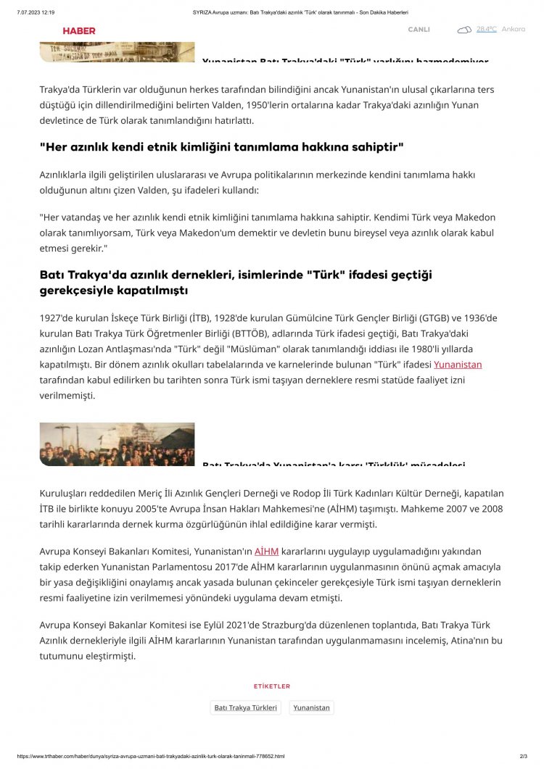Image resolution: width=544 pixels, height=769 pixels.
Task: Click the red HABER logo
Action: pos(79,30)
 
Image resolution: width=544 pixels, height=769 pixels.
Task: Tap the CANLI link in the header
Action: pos(419,30)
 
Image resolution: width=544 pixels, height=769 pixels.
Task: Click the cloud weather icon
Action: pos(464,30)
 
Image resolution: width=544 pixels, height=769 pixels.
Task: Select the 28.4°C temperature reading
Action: pos(486,30)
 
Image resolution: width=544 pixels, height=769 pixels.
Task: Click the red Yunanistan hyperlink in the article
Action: pos(458,365)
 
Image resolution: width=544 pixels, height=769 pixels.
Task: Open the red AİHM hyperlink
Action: pos(267,552)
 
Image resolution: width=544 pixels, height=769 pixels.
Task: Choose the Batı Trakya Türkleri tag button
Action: pos(246,707)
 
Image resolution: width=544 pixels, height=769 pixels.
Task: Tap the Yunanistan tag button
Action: pos(311,707)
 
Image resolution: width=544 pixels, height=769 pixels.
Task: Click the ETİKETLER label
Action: pos(272,686)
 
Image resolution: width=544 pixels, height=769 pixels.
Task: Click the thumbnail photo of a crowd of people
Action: pos(117,444)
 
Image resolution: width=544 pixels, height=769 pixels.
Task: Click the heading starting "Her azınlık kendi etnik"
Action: pos(221,147)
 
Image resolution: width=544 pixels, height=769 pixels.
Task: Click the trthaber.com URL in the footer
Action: pos(150,756)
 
